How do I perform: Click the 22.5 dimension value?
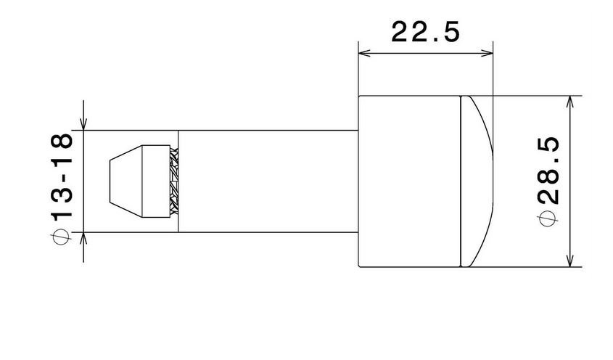pyautogui.click(x=425, y=32)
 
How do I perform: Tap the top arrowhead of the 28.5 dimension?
pyautogui.click(x=572, y=101)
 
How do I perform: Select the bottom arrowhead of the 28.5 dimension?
pyautogui.click(x=572, y=261)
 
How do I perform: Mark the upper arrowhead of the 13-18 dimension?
pyautogui.click(x=84, y=125)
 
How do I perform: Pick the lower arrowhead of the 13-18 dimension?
pyautogui.click(x=84, y=238)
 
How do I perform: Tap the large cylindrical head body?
pyautogui.click(x=410, y=181)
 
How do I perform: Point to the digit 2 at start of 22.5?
pyautogui.click(x=400, y=32)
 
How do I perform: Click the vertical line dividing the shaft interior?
pyautogui.click(x=178, y=181)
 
